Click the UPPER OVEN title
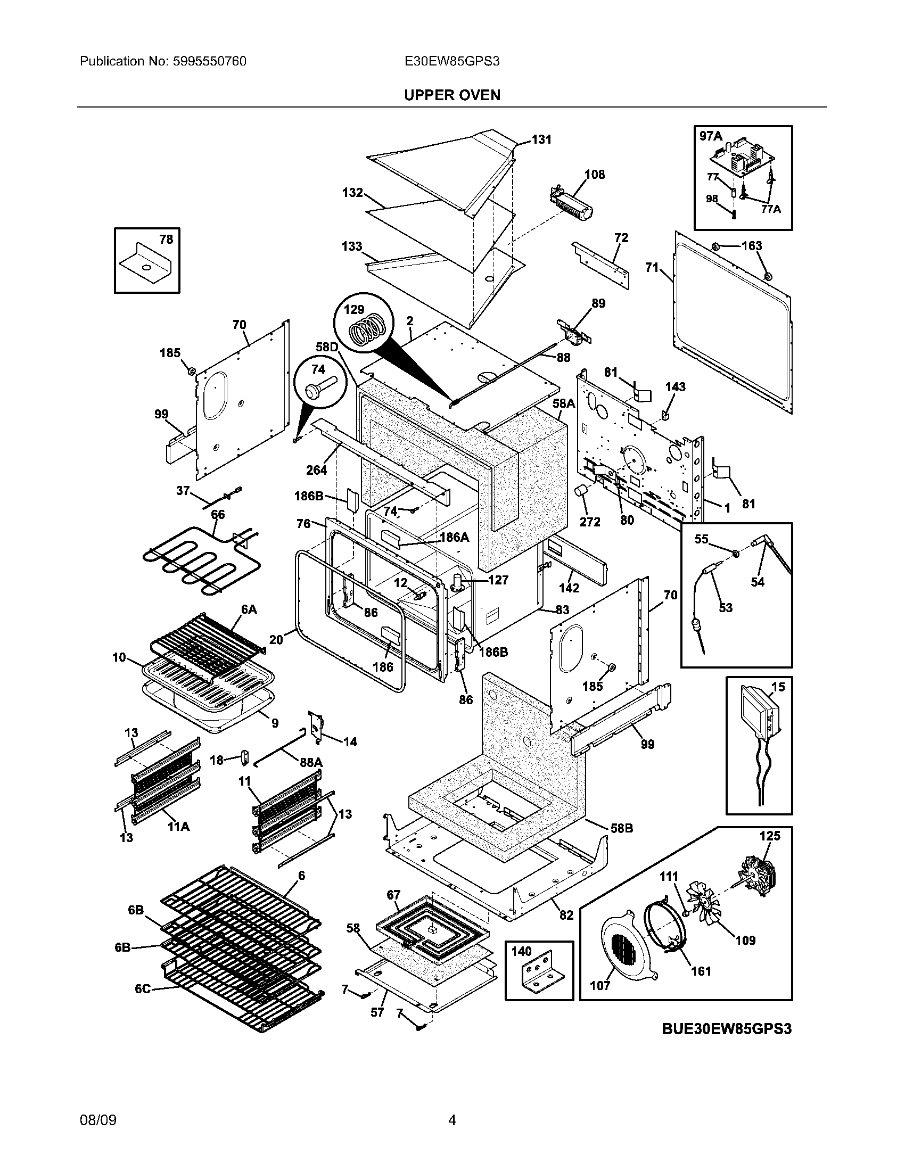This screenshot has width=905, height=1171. coord(452,95)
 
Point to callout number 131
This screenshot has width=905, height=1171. coord(541,139)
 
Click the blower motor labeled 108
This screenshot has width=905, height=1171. coord(573,205)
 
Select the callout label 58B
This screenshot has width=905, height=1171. coord(621,828)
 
